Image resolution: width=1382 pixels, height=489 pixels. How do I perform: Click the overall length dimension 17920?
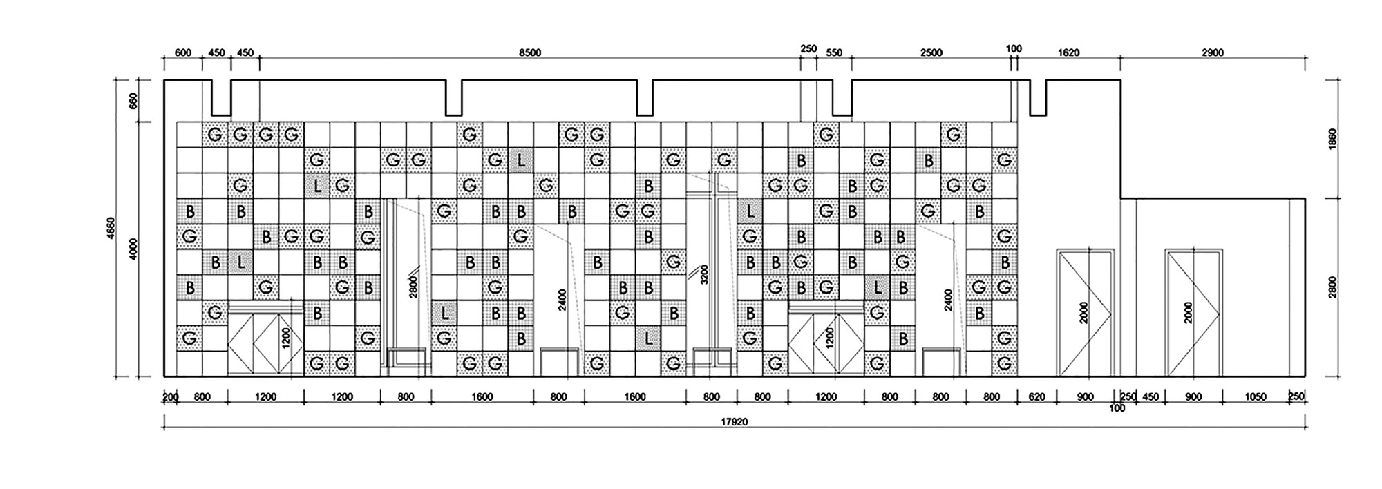pos(735,421)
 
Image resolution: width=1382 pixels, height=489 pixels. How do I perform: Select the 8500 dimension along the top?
pos(530,52)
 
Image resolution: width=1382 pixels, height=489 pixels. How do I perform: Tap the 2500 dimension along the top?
pos(931,52)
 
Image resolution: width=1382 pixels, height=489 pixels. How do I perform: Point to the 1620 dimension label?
pos(1068,52)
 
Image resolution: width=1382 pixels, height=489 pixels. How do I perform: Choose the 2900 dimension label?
pos(1212,52)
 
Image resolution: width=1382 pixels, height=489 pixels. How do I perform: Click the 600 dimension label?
pos(182,52)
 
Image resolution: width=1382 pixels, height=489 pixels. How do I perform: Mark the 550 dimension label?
pos(834,52)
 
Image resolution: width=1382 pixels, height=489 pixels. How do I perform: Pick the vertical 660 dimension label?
pos(135,101)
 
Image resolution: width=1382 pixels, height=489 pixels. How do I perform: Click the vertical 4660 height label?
pos(112,229)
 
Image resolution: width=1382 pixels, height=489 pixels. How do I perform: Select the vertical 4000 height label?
pos(135,249)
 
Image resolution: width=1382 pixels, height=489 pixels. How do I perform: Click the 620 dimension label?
pos(1036,397)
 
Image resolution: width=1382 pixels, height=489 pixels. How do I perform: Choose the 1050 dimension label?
pos(1256,397)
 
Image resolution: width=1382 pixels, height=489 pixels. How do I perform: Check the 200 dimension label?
pos(170,397)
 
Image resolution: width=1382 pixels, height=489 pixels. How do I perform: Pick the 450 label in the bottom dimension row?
pos(1150,397)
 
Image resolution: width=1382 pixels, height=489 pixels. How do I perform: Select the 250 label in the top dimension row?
pos(808,49)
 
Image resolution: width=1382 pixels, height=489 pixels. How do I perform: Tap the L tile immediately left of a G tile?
pos(317,186)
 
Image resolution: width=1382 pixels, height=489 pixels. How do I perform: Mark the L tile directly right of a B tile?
pos(240,262)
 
